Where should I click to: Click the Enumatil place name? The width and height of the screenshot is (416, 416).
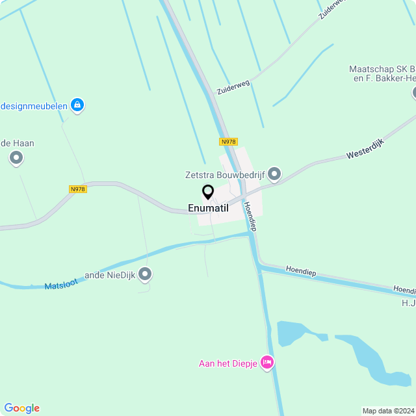point(208,208)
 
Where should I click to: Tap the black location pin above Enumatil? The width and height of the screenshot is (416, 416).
point(208,192)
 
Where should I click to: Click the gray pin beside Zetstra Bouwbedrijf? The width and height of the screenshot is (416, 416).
point(274,174)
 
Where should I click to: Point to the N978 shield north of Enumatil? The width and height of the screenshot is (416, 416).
point(228,142)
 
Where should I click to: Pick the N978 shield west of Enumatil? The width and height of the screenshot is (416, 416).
point(77,189)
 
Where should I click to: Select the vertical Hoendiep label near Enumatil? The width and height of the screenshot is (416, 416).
point(250,216)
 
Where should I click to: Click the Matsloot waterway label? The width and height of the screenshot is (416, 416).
point(62,283)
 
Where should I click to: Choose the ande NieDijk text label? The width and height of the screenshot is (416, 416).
point(110,275)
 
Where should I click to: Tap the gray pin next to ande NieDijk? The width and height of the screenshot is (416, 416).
point(145,275)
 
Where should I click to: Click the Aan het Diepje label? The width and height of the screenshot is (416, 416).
point(227,363)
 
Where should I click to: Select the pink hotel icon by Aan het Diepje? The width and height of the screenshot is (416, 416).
point(266,363)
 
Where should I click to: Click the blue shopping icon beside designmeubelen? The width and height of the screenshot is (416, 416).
point(77,104)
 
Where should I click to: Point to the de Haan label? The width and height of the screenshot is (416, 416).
point(18,143)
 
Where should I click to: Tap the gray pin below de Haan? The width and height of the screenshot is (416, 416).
point(16,158)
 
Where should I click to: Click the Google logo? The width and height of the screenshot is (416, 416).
point(21,408)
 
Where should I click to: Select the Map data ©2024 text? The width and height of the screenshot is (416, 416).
point(387,411)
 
